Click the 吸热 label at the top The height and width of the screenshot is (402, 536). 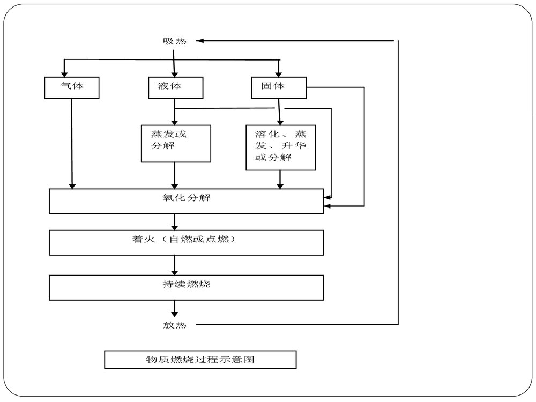pos(175,41)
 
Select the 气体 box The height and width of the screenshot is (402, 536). pos(72,87)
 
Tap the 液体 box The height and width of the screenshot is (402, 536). pos(176,87)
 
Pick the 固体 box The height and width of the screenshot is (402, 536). pos(278,87)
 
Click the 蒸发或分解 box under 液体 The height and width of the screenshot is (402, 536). pos(175,143)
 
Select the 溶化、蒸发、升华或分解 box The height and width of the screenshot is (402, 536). pos(280,147)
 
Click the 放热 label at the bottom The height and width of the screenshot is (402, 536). pos(175,325)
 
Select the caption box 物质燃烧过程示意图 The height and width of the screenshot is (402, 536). pos(200,359)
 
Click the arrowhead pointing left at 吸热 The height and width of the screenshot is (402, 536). pos(200,41)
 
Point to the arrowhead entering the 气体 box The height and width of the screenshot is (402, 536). pos(64,74)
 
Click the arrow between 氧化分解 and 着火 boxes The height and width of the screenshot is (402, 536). pos(175,222)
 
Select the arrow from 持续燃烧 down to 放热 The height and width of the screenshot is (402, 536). pos(175,309)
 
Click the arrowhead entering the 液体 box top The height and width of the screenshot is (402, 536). pos(174,74)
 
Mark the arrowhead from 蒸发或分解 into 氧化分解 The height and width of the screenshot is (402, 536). pos(175,185)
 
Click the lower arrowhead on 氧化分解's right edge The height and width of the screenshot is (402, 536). pos(327,206)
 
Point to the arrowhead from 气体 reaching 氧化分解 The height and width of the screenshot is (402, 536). pos(72,185)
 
